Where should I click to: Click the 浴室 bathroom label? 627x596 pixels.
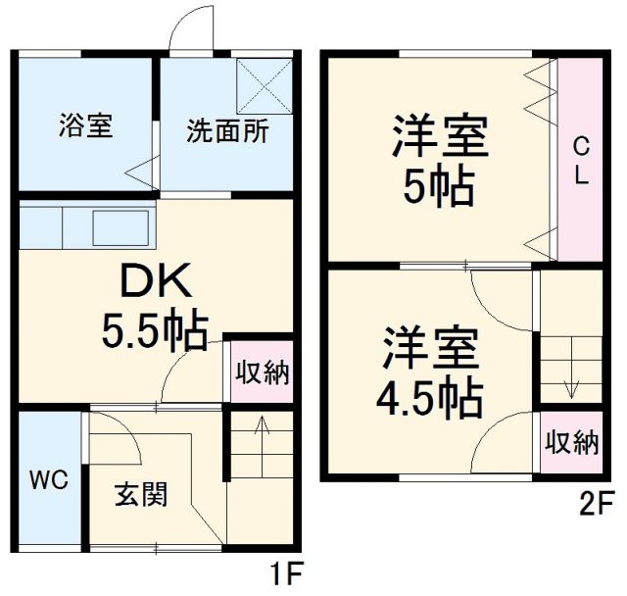pos(85,126)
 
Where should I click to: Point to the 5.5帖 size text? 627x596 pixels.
pos(156,332)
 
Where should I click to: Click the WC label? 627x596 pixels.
pos(47,481)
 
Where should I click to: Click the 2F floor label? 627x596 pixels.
pos(596,506)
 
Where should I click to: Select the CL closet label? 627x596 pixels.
pos(580,162)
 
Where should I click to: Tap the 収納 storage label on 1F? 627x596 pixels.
pos(261,372)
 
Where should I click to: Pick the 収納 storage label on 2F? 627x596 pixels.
pos(572,442)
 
